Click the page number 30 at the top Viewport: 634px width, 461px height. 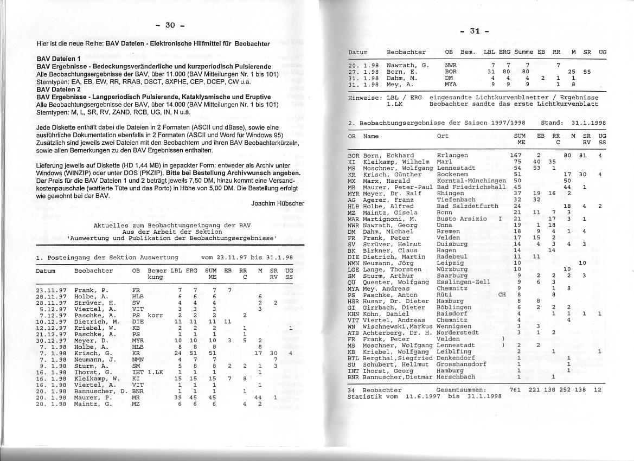[170, 25]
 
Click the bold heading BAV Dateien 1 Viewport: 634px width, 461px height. [59, 58]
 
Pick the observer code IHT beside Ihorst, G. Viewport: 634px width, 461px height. [138, 372]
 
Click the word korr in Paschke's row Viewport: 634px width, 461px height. [156, 315]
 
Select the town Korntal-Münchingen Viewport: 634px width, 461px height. [471, 181]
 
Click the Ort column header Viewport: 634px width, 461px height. [443, 136]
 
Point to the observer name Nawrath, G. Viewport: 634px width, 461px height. [408, 65]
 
